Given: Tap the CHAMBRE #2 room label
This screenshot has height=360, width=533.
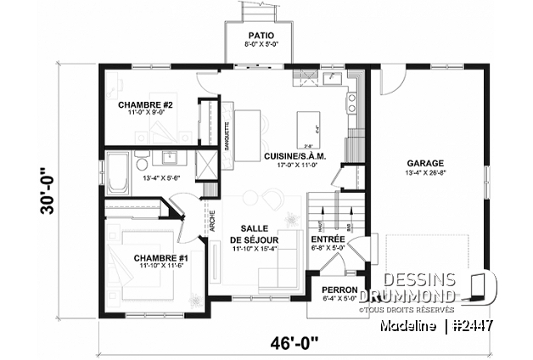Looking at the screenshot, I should (145, 104).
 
